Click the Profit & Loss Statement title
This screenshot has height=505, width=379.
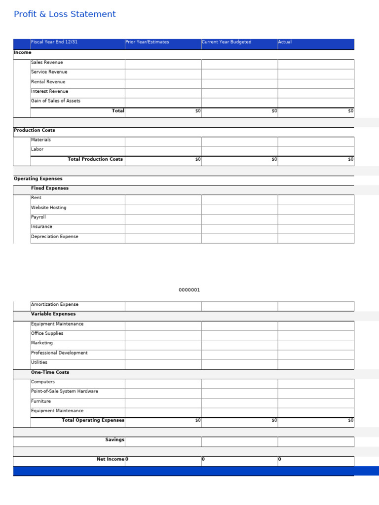click(x=65, y=14)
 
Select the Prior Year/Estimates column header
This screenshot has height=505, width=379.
click(x=147, y=42)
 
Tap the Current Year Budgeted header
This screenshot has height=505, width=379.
click(x=227, y=42)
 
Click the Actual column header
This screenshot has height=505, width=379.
click(x=285, y=42)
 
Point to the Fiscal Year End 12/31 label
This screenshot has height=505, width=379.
click(x=54, y=42)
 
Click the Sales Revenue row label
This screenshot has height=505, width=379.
click(x=47, y=63)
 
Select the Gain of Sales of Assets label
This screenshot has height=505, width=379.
click(x=56, y=101)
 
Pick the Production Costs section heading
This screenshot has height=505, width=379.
click(x=35, y=130)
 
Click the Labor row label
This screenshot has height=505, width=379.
click(x=38, y=149)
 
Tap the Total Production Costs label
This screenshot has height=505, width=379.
click(x=95, y=159)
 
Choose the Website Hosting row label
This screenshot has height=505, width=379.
click(x=48, y=208)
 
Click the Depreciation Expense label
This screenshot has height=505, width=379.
click(x=55, y=237)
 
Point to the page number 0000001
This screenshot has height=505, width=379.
click(x=189, y=290)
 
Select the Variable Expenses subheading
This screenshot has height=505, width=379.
click(x=53, y=314)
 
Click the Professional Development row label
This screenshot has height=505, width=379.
click(x=59, y=353)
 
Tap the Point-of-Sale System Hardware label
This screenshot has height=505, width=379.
click(x=65, y=392)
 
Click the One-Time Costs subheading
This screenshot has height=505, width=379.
click(x=50, y=372)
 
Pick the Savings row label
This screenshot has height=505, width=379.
click(x=114, y=440)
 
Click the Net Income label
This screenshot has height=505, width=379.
click(x=111, y=459)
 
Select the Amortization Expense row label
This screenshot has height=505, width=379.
click(x=55, y=305)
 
